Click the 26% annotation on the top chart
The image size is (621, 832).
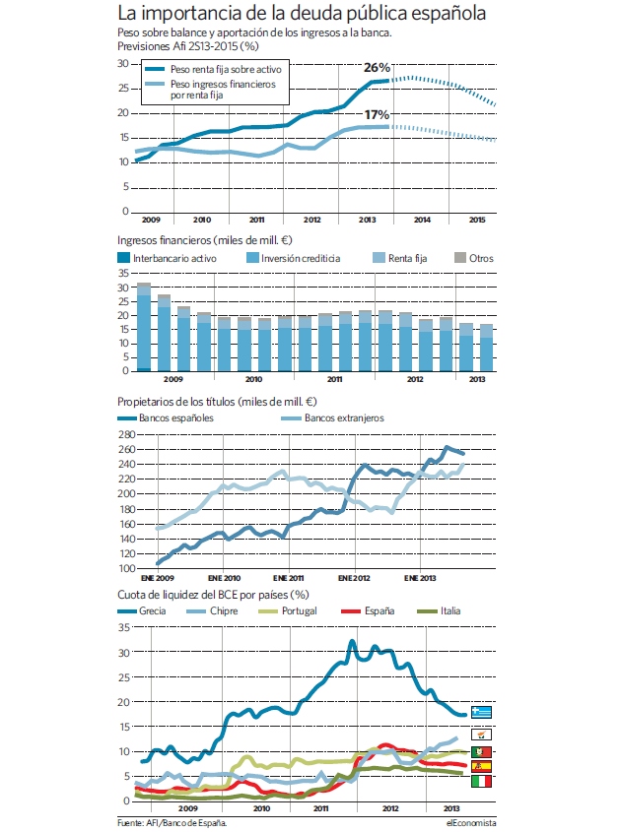(x=378, y=67)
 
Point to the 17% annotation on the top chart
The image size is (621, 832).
(x=377, y=114)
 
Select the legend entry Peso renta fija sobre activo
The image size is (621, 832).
(x=214, y=69)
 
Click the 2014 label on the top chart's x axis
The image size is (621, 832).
(x=422, y=220)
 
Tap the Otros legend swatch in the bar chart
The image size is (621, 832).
(x=460, y=258)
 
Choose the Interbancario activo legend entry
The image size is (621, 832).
(x=167, y=258)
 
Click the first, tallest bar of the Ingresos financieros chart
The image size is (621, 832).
(x=144, y=327)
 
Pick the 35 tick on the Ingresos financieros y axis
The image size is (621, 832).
(x=123, y=274)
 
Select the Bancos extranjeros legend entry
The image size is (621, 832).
(x=332, y=418)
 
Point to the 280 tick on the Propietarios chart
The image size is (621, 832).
(x=126, y=434)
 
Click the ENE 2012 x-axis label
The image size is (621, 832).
(x=354, y=578)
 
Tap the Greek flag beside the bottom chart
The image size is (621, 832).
(x=481, y=712)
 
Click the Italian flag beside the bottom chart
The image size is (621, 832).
(x=481, y=781)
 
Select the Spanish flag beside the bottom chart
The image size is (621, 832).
(x=481, y=766)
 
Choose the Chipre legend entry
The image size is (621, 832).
(x=213, y=610)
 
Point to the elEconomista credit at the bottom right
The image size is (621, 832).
(x=471, y=823)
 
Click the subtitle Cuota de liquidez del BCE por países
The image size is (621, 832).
(x=213, y=595)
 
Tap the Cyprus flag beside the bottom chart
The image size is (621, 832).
(x=481, y=735)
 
